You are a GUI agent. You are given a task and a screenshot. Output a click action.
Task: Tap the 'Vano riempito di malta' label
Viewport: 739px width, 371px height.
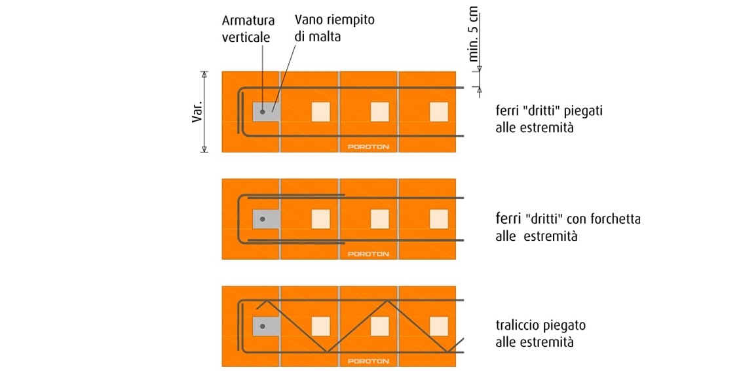click(x=334, y=28)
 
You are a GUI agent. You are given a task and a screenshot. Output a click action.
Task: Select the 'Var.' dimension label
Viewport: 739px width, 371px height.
click(x=197, y=111)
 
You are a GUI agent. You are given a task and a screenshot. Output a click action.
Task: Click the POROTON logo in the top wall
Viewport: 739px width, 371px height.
click(x=368, y=147)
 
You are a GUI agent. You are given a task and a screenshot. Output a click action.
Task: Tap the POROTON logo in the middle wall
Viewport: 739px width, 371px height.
click(x=368, y=253)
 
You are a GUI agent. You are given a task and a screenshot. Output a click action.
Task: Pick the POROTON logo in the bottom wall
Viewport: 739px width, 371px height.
click(x=368, y=361)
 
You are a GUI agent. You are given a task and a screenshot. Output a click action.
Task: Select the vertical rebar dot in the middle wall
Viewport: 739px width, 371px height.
click(x=262, y=220)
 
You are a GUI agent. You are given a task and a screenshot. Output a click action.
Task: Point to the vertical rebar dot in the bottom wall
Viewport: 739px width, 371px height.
click(x=262, y=326)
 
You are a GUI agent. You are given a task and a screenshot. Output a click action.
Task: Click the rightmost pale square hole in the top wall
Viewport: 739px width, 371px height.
click(x=438, y=112)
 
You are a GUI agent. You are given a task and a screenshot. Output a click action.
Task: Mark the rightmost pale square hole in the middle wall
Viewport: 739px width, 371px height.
click(x=438, y=219)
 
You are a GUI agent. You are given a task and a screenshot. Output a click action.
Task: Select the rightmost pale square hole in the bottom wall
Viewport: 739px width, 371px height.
click(x=438, y=326)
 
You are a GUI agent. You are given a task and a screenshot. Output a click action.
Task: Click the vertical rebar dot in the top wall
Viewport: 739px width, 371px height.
click(x=262, y=112)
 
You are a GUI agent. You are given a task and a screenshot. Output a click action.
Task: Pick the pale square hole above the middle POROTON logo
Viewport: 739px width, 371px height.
click(x=380, y=219)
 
